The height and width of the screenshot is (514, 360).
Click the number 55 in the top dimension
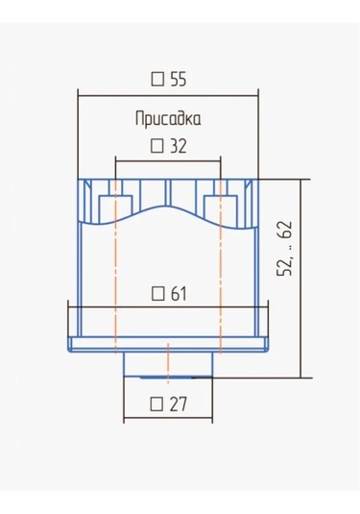178,79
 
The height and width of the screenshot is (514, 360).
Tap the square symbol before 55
158,79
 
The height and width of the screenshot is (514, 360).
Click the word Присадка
168,120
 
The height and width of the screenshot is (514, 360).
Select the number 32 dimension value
178,146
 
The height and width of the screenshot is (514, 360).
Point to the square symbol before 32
158,146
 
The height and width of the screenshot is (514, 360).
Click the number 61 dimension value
178,293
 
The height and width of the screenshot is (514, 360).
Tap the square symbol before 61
158,293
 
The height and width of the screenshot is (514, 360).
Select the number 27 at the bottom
178,404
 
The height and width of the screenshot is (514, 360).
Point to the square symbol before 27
158,404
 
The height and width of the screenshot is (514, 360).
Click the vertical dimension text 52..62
285,248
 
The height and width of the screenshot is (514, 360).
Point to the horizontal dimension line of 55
168,94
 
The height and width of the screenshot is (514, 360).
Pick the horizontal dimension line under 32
168,159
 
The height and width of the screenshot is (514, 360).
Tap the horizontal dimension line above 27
168,420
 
